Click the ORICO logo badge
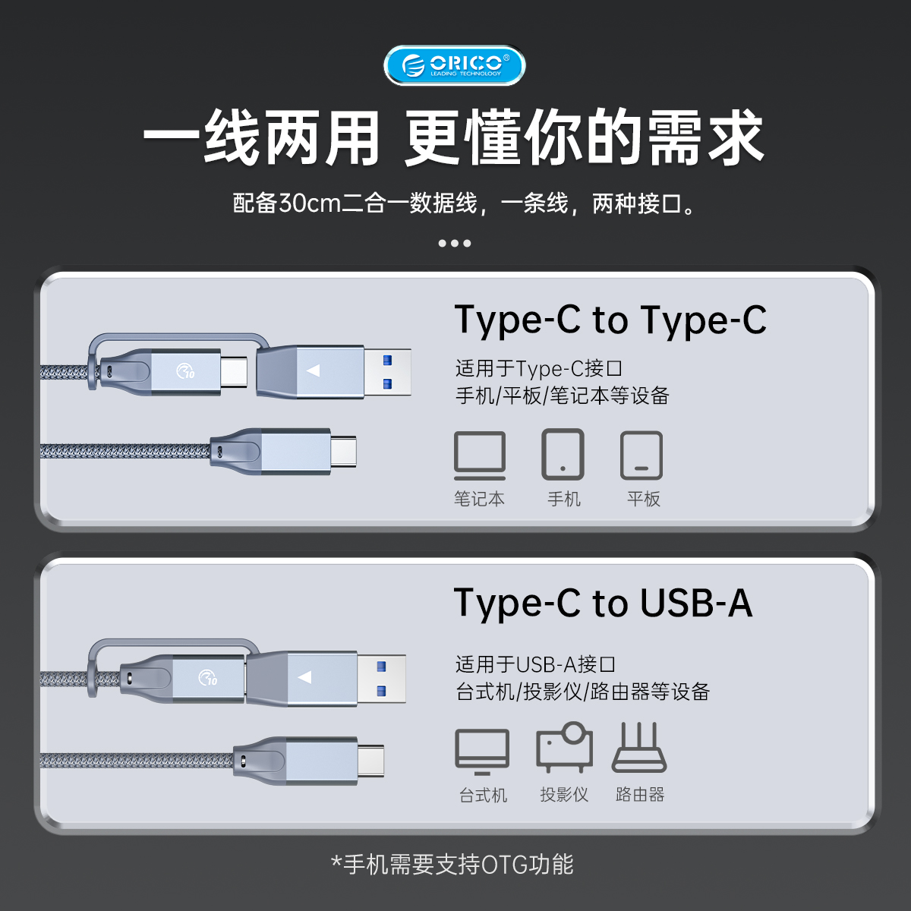click(x=454, y=65)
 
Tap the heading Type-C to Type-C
click(x=610, y=321)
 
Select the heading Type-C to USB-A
click(x=603, y=604)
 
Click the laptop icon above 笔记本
click(x=479, y=455)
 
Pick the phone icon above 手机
click(x=563, y=454)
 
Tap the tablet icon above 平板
click(x=641, y=455)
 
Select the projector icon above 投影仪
click(x=564, y=747)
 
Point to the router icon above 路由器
click(x=639, y=748)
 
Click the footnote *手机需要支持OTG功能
click(x=452, y=865)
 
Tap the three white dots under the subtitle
click(x=454, y=244)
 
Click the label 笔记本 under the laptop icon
click(x=479, y=499)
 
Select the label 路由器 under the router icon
click(x=640, y=794)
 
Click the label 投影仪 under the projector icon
click(x=564, y=794)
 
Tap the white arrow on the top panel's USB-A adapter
click(x=313, y=370)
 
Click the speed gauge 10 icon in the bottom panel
click(x=208, y=678)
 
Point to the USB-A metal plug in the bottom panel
click(x=381, y=679)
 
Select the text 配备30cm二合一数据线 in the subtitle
click(x=355, y=203)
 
